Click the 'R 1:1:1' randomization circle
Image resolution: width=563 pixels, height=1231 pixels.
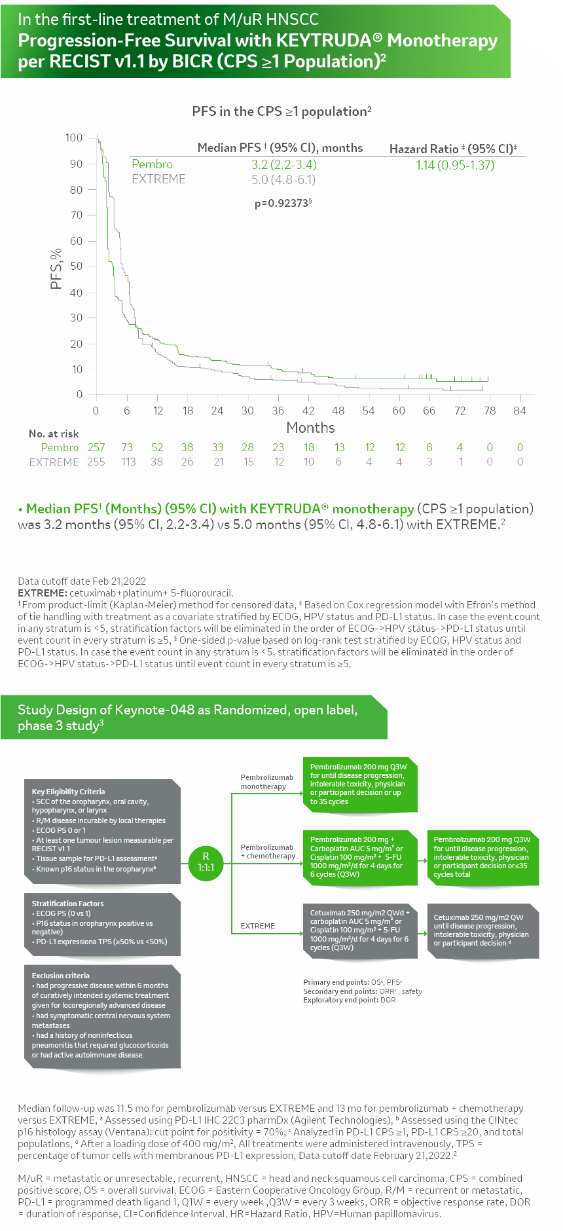[206, 861]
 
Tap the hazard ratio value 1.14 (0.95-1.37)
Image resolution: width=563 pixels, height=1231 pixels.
[455, 165]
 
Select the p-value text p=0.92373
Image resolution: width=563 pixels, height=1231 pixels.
[283, 203]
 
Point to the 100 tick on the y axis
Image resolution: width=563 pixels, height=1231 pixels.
[74, 138]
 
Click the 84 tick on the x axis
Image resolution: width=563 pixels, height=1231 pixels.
[520, 411]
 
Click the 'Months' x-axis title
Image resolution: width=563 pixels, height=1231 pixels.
[310, 428]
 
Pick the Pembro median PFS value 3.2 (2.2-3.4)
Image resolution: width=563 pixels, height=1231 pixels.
[284, 164]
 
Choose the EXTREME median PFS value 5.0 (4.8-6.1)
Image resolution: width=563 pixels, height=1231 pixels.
[283, 179]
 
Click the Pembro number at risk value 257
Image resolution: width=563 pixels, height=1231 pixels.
[96, 447]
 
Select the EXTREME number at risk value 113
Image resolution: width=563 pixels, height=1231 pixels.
[128, 462]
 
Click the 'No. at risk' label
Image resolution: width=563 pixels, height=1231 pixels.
[54, 433]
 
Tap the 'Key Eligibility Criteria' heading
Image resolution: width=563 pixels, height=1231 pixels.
[68, 792]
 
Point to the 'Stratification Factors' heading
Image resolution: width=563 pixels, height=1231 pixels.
[67, 904]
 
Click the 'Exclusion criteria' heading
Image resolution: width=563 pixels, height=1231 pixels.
[61, 976]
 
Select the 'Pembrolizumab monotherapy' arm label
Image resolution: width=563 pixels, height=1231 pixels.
[266, 782]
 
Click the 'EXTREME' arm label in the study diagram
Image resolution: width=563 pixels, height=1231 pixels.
[258, 926]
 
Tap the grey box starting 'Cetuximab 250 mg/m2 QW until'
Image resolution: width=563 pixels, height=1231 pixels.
[482, 930]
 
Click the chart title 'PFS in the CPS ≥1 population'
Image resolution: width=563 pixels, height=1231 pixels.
[281, 111]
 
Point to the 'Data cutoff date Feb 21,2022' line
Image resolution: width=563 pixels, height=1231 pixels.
[82, 581]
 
